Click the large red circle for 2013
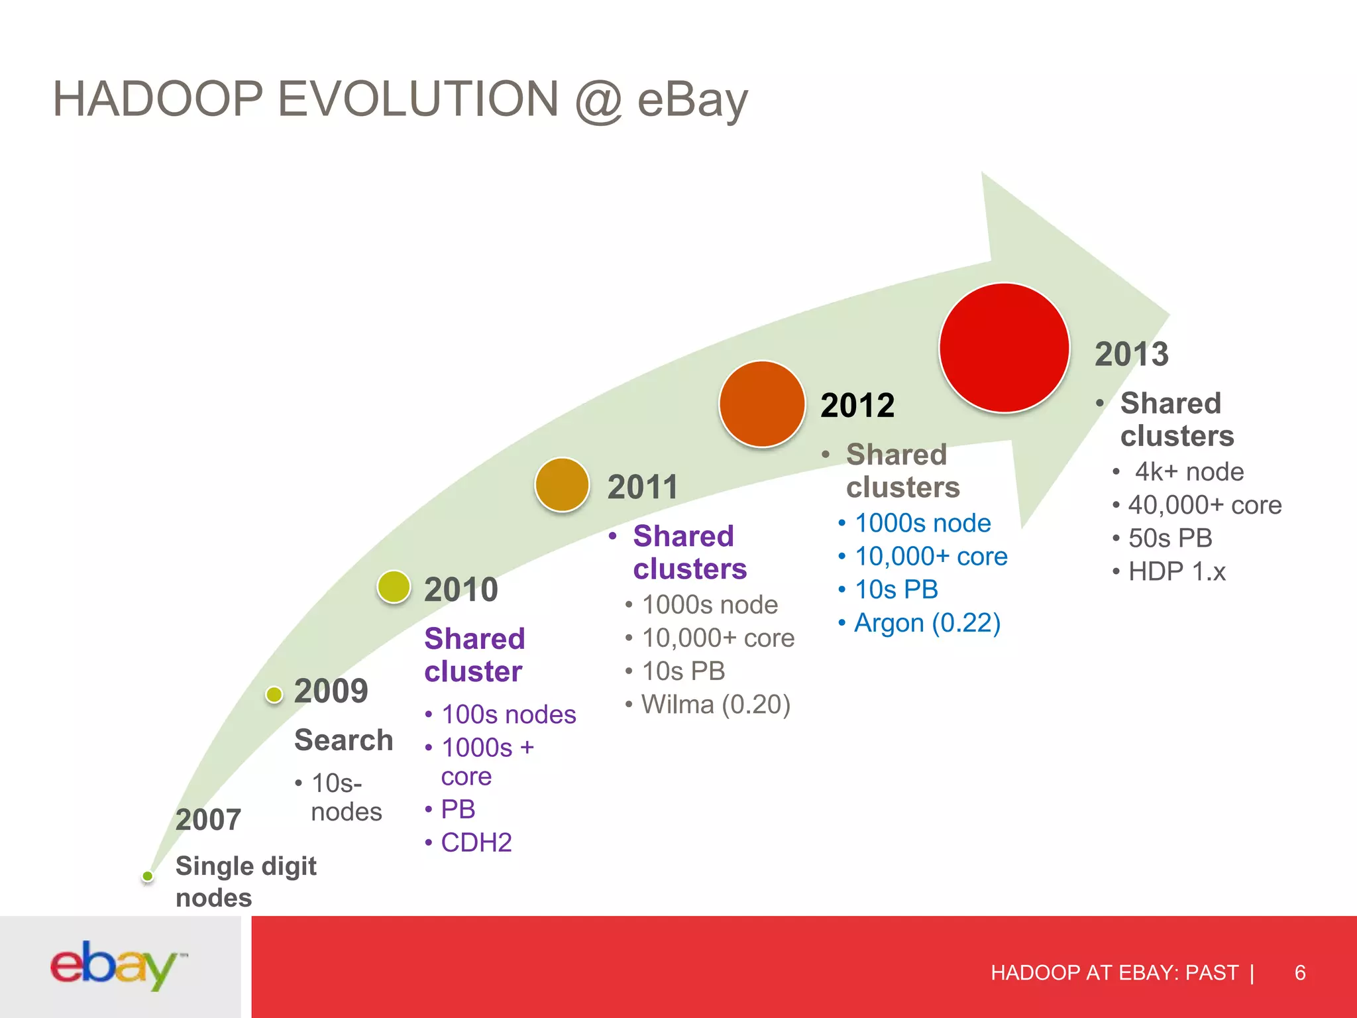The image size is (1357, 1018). point(1004,348)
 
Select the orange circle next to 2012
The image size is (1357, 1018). point(762,404)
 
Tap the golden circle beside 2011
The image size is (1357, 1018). point(562,484)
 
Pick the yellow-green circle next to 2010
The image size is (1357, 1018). point(394,587)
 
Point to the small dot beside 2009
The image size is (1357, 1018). point(274,694)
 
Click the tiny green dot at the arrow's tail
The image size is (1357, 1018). point(148,876)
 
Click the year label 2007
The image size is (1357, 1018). point(208,820)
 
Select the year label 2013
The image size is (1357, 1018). point(1131,354)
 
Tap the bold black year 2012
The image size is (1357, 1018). point(857,406)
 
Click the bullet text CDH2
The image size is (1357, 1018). point(476,842)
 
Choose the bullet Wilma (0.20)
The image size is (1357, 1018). point(716,705)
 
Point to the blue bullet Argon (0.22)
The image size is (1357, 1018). point(926,623)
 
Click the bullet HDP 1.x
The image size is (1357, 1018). point(1176,571)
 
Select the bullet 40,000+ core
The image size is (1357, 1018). point(1204,505)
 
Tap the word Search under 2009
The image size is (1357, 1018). point(343,740)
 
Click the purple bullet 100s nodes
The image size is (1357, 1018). point(508,714)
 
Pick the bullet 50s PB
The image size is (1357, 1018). point(1169,538)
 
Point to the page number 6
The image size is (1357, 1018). point(1299,972)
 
